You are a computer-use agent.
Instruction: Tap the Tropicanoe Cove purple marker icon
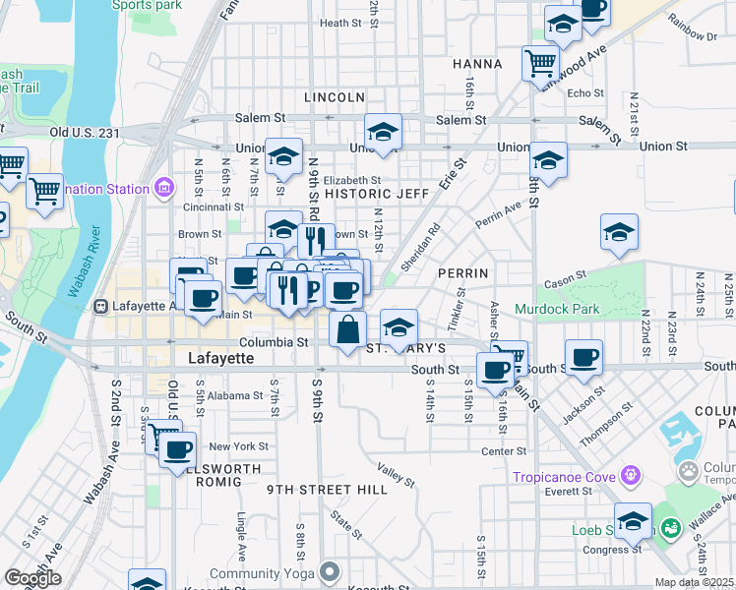[631, 477]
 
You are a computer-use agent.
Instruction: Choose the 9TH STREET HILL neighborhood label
[314, 489]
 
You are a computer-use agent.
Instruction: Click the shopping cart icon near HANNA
[540, 64]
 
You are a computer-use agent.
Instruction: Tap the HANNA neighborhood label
[478, 64]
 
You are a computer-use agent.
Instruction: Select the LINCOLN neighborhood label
[335, 97]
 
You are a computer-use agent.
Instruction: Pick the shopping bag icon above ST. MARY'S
[348, 329]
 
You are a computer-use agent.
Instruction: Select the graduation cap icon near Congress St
[633, 520]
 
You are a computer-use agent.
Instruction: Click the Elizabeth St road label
[351, 181]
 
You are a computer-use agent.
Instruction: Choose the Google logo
[31, 578]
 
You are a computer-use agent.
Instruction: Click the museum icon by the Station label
[163, 187]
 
